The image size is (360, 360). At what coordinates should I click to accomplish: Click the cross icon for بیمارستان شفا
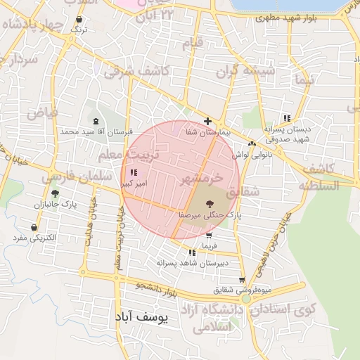click(207, 121)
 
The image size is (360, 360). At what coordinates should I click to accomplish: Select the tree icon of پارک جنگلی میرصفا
click(210, 205)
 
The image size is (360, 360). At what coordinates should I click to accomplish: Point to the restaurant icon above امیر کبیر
click(134, 172)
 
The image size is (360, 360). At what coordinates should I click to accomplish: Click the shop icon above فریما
click(209, 236)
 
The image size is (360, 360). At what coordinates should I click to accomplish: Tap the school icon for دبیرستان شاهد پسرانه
click(192, 252)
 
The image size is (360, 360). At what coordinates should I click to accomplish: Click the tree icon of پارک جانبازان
click(55, 193)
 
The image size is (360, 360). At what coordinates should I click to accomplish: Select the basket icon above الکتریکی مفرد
click(35, 227)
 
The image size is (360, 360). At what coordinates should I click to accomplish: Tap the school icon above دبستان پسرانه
click(286, 118)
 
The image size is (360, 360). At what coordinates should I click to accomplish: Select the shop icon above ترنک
click(82, 18)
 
